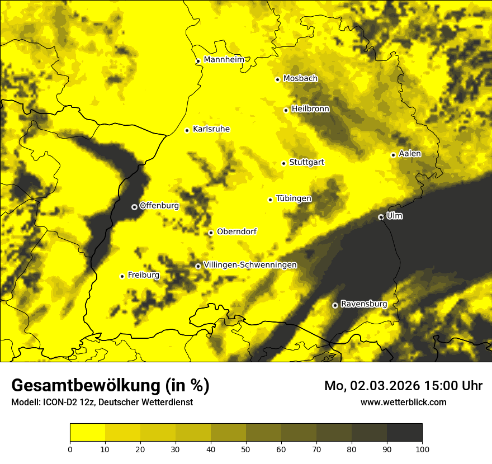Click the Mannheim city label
click(x=224, y=60)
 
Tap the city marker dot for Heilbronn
click(x=286, y=110)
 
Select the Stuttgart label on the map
click(x=306, y=163)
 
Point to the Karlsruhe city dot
click(x=187, y=130)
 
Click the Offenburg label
click(x=159, y=206)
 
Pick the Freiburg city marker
click(x=122, y=276)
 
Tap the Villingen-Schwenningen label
click(x=250, y=265)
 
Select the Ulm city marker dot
click(x=381, y=217)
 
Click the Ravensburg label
click(x=363, y=304)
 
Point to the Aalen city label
click(x=410, y=154)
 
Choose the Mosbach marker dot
click(x=277, y=79)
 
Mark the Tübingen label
click(x=294, y=198)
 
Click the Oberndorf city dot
click(x=211, y=233)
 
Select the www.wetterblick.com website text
click(x=403, y=402)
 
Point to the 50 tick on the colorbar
click(x=246, y=448)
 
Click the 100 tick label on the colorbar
click(x=422, y=448)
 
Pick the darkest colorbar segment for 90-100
click(x=404, y=433)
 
